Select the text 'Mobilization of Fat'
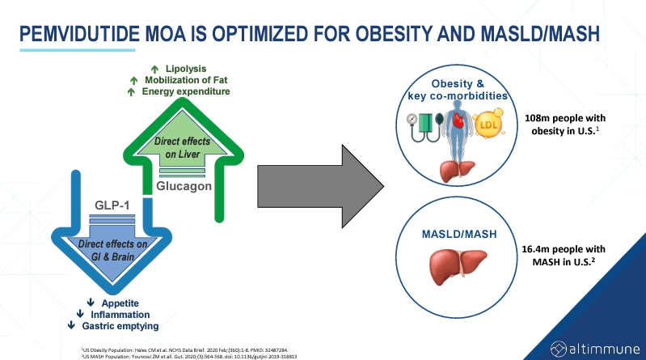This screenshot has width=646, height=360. click(187, 79)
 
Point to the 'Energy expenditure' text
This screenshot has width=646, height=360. click(186, 91)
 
